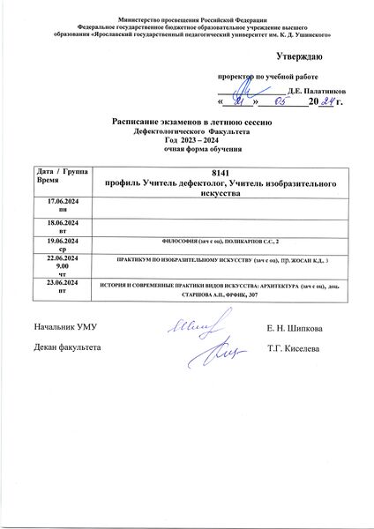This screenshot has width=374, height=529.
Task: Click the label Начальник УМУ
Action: coord(64,328)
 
